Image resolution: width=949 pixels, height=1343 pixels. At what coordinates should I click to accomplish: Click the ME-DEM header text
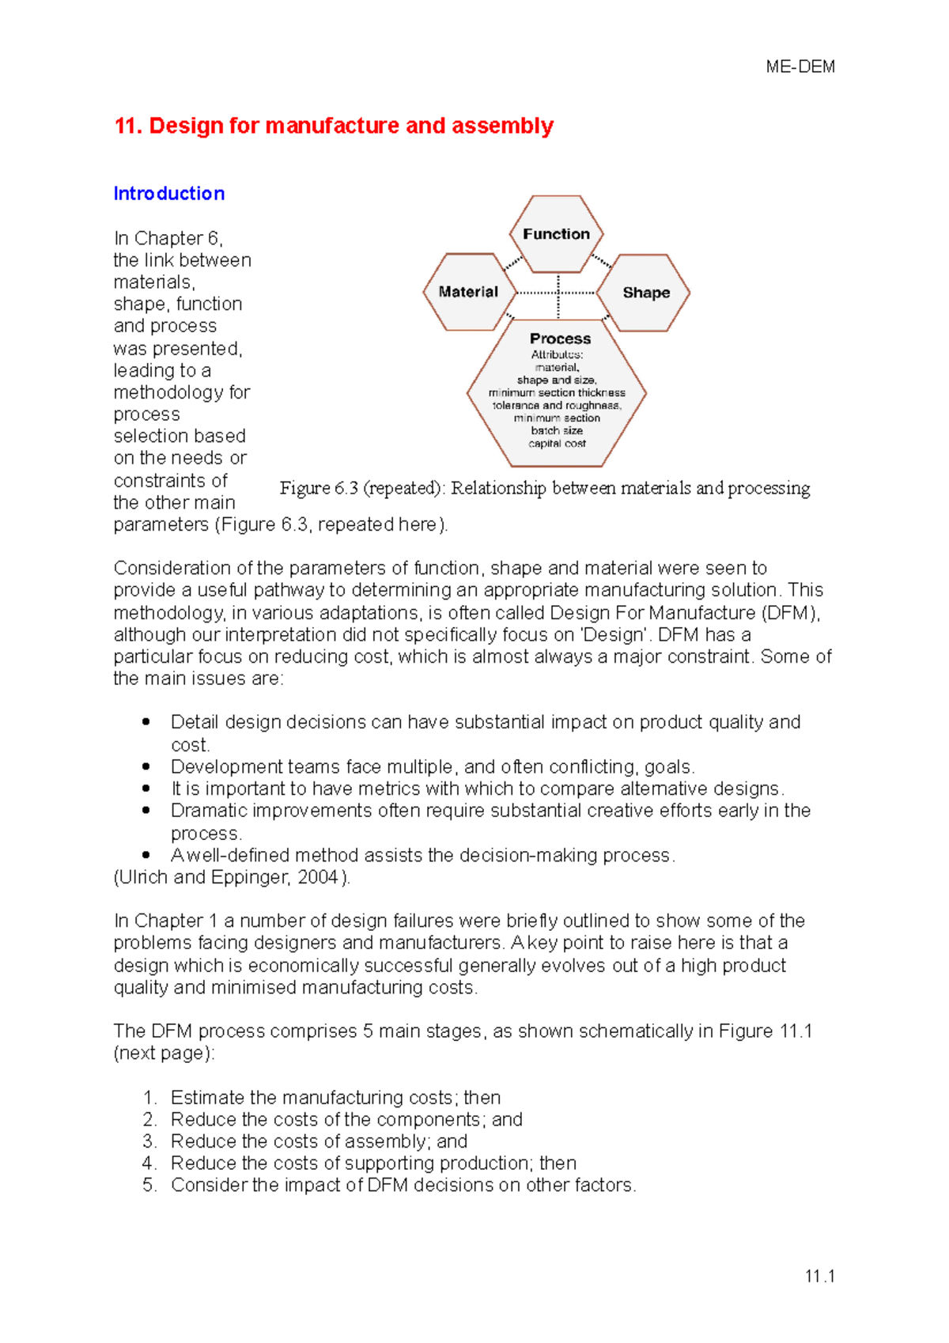click(800, 67)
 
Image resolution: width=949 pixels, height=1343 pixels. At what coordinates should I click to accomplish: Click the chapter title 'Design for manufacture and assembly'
click(350, 126)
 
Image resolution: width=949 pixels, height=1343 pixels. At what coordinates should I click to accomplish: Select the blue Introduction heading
click(168, 194)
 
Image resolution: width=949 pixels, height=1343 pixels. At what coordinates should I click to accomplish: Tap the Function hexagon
click(556, 234)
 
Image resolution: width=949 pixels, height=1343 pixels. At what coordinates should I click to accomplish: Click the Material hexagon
click(469, 292)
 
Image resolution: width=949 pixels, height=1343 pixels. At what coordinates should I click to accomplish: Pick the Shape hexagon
click(645, 293)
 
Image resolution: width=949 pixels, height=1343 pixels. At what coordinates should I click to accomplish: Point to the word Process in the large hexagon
click(560, 339)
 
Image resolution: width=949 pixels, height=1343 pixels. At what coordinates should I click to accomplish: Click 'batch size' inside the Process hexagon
click(557, 431)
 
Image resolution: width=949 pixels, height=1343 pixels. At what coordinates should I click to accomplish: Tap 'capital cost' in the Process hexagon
click(557, 444)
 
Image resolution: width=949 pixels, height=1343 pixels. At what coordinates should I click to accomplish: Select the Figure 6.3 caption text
click(545, 488)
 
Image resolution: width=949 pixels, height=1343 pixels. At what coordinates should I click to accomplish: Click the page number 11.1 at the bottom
click(819, 1276)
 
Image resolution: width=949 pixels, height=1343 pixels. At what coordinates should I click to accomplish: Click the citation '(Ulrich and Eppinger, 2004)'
click(232, 877)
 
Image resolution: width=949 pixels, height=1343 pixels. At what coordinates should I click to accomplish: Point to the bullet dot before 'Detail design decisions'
click(146, 722)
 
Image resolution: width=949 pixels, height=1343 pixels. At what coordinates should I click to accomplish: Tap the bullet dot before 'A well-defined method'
click(146, 855)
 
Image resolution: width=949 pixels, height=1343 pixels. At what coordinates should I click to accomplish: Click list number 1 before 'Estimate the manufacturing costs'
click(149, 1098)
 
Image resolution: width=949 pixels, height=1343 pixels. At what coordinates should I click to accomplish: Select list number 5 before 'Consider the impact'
click(149, 1185)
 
